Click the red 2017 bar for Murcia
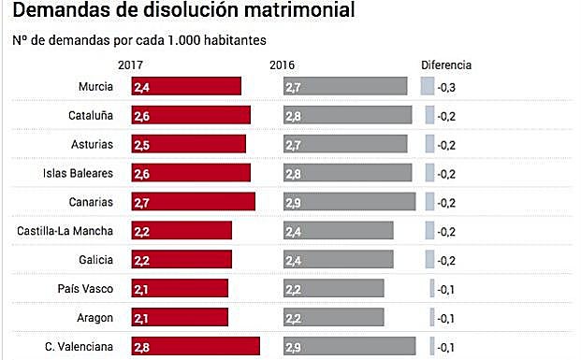pos(186,87)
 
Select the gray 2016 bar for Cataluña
pos(348,116)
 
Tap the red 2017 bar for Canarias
pos(193,202)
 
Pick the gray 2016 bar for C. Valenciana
pos(350,347)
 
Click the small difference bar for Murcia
pos(428,87)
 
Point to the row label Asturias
pos(92,145)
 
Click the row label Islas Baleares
pos(79,174)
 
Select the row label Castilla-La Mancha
pos(65,231)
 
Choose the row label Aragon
pos(95,318)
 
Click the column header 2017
pos(131,66)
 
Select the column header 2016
pos(283,66)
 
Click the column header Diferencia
pos(446,66)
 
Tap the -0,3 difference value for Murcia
pos(447,87)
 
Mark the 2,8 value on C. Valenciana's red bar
pos(141,347)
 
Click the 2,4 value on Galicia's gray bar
pos(293,260)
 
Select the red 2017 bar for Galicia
pos(182,260)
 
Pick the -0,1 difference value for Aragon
pos(447,318)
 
